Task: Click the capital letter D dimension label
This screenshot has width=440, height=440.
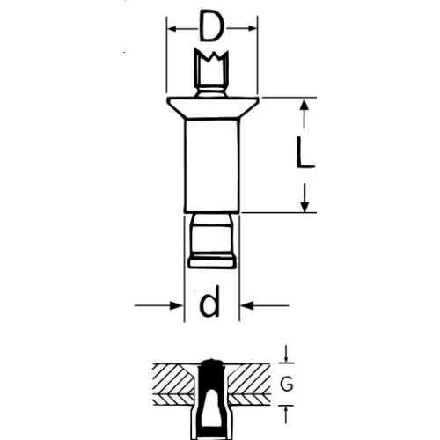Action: [211, 26]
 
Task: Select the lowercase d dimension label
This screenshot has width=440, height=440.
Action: [209, 301]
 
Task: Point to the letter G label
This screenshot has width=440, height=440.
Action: [287, 384]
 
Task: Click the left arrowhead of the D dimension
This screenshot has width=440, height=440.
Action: [172, 29]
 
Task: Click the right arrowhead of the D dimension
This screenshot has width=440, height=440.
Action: [253, 28]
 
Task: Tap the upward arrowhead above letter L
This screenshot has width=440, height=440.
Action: [305, 104]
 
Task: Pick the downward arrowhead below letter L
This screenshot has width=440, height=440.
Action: [305, 206]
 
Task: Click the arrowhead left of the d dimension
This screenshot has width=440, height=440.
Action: [177, 305]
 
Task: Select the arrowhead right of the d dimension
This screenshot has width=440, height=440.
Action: [247, 305]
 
